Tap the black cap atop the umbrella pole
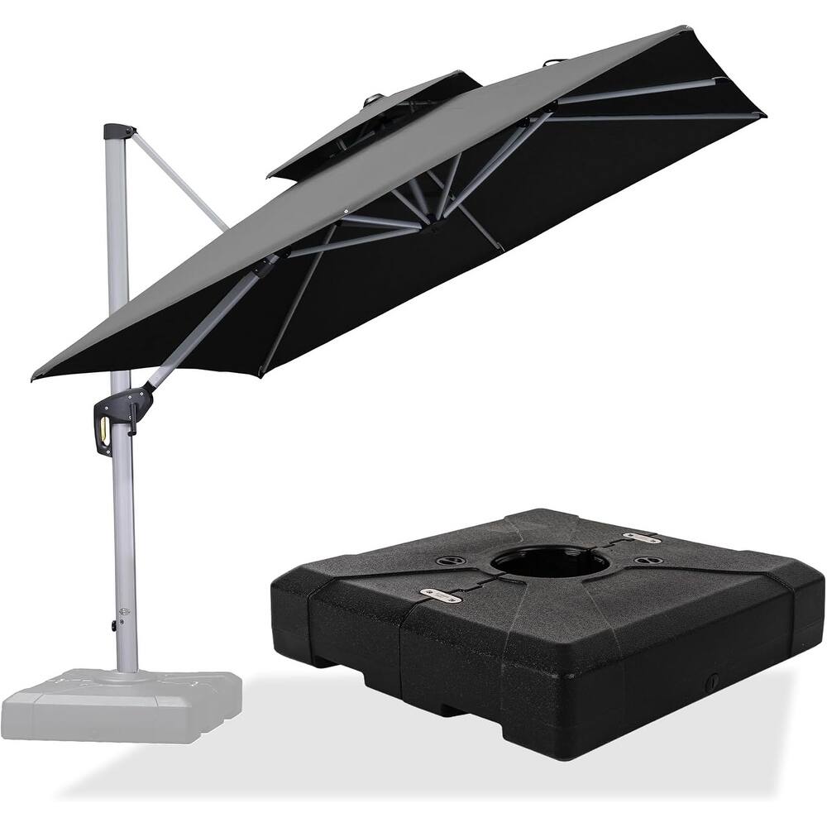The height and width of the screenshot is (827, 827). [x=117, y=131]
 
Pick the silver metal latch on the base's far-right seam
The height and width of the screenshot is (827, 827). [x=643, y=538]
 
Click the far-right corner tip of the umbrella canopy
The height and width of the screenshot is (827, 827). [x=762, y=114]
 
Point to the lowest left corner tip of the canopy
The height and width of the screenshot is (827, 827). [x=35, y=376]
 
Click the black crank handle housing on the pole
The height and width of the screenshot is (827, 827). [x=120, y=413]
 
